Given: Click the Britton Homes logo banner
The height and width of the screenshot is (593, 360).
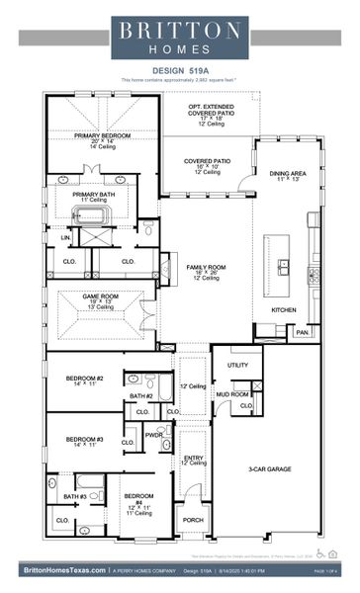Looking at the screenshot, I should pos(179,38).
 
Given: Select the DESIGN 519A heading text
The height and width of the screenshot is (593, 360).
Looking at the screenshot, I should pos(179,70).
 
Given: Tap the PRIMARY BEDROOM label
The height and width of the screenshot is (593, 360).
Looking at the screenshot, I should pos(102,135).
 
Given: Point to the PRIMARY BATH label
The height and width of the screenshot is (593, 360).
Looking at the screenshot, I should pos(95,194).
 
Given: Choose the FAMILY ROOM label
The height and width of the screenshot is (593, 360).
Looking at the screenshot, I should pos(207,267).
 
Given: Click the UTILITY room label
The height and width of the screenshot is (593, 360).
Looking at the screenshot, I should pos(237,365).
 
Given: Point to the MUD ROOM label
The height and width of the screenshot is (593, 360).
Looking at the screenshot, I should pos(233,394).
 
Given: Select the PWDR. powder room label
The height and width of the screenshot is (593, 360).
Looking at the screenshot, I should pos(153,434).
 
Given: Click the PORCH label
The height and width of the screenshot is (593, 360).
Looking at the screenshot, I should pos(194,520).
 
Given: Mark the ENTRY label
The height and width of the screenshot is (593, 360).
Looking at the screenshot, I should pos(193,458).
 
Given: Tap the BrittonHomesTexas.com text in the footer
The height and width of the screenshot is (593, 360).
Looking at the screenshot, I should pos(61,570).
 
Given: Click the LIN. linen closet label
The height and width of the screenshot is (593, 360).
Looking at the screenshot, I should pos(64,237).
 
